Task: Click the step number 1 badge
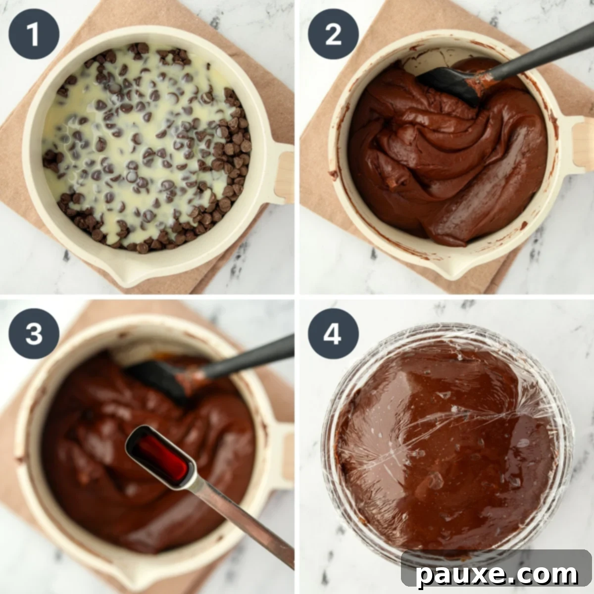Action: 34,34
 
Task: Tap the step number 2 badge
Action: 333,34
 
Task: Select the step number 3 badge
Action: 34,334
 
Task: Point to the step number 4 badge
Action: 333,334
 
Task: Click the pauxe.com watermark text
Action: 497,574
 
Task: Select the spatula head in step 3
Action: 153,379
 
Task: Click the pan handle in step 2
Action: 582,144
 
